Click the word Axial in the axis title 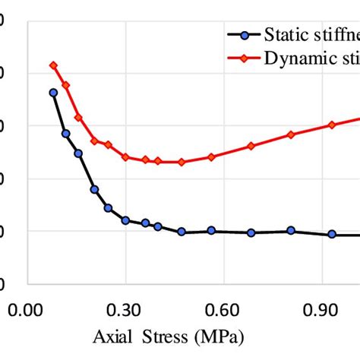111,334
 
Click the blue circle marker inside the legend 242,35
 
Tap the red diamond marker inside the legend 242,58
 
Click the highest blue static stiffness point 53,93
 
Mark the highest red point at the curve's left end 53,65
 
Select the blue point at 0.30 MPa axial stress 125,220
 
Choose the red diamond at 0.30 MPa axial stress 125,157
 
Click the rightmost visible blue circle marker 332,234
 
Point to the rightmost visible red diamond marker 332,125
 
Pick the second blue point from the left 66,133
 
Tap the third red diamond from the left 77,118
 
